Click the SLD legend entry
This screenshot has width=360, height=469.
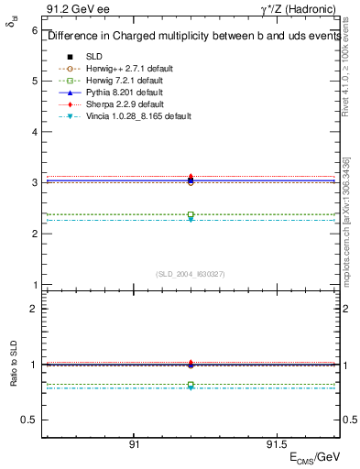point(94,57)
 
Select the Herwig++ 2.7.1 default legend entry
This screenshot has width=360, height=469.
point(124,69)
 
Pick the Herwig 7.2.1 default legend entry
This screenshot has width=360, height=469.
point(122,81)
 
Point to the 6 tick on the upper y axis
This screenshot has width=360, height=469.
point(34,30)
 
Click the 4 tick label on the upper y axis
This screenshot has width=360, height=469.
point(34,132)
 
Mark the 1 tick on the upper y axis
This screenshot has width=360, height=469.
point(34,285)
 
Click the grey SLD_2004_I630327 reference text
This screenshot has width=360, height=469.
point(190,273)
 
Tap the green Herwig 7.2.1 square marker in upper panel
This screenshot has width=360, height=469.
point(191,215)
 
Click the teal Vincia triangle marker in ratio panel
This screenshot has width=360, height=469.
point(191,387)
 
